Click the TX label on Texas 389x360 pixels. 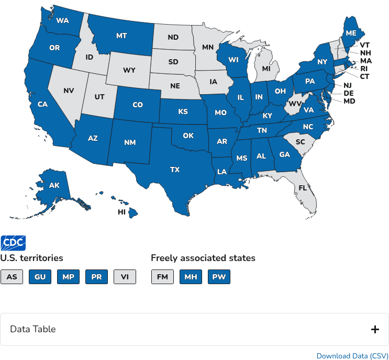175,170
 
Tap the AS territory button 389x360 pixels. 12,277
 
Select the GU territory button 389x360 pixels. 40,277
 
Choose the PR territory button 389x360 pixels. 96,277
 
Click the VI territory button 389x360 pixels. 125,277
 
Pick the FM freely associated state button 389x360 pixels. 162,277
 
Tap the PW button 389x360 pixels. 219,277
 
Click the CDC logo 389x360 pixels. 13,243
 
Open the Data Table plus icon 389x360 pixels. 375,329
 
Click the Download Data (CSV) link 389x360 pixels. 352,356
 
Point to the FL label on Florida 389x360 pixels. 303,188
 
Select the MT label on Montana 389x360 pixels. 121,36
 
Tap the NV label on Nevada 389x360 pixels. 69,91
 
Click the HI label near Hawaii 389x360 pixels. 121,212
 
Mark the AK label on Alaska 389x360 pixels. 54,185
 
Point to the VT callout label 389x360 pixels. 365,45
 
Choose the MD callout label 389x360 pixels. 349,101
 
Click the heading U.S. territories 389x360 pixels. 31,258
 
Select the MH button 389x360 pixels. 191,277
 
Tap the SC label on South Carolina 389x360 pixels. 300,142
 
